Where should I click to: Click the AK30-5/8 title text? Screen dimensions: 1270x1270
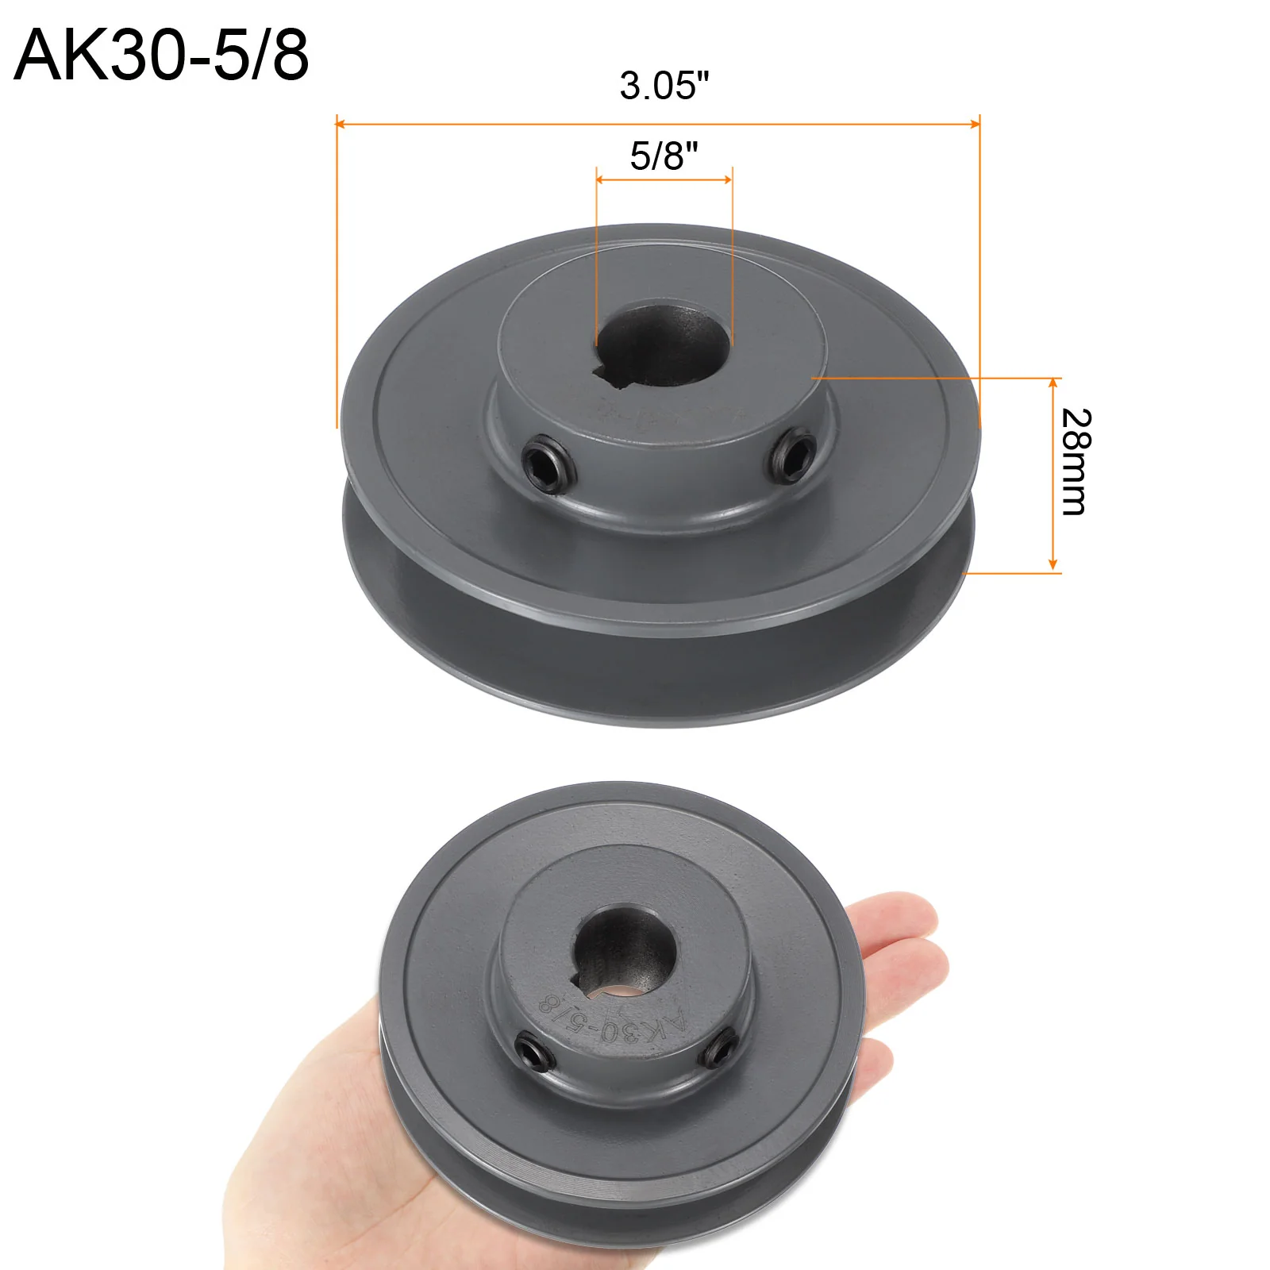pos(161,55)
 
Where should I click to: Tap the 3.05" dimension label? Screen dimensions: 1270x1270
pos(664,86)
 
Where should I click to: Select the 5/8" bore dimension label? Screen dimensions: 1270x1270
pos(664,156)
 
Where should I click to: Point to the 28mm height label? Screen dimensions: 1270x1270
pos(1076,462)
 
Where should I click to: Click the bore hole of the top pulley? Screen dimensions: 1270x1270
pos(662,346)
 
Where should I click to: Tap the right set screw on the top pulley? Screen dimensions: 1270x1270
pos(792,455)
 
